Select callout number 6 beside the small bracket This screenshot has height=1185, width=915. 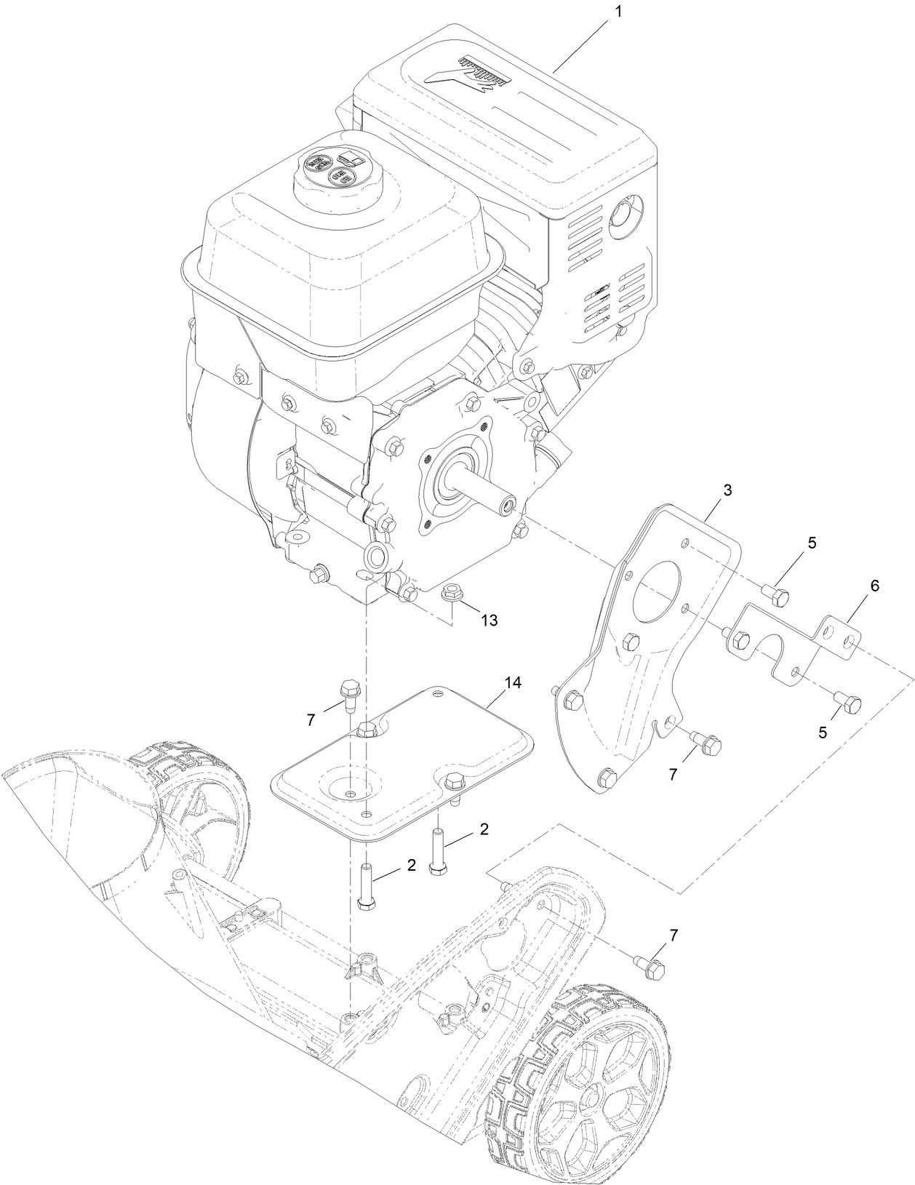pyautogui.click(x=874, y=586)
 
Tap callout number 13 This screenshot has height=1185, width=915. pyautogui.click(x=489, y=620)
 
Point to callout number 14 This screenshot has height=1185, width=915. pyautogui.click(x=514, y=683)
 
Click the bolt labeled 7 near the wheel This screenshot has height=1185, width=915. pyautogui.click(x=653, y=967)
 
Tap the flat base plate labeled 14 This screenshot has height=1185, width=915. pyautogui.click(x=407, y=757)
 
